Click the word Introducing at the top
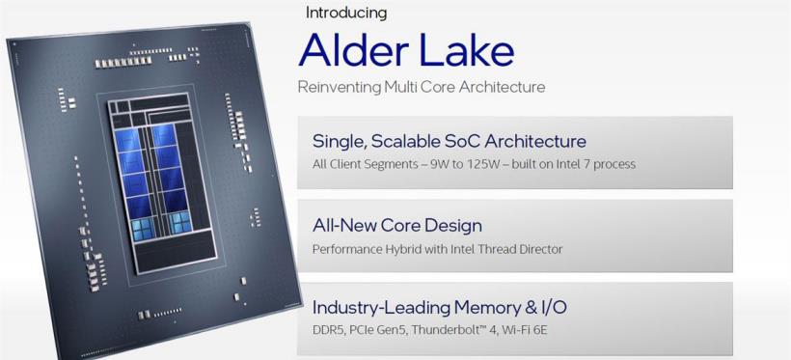[346, 13]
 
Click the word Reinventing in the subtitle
[340, 87]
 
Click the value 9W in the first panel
[436, 164]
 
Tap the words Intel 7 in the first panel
[567, 164]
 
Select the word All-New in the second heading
[344, 225]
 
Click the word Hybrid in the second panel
[390, 249]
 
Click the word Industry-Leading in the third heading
[380, 308]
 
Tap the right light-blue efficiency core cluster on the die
[180, 223]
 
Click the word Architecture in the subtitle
[502, 87]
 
